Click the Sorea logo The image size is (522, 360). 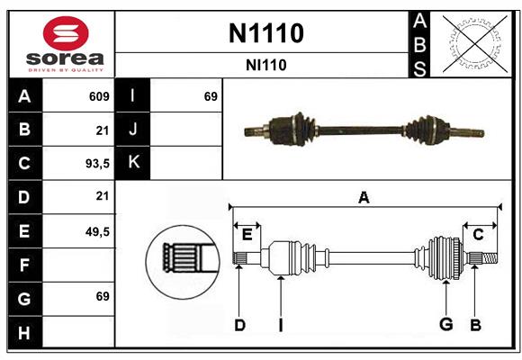click(x=63, y=45)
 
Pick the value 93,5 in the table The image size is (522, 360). click(x=96, y=164)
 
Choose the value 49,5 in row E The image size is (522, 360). click(x=96, y=231)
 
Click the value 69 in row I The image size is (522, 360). click(x=211, y=96)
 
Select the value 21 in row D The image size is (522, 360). click(x=102, y=196)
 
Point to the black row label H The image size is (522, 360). click(x=24, y=332)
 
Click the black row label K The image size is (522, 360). click(x=133, y=163)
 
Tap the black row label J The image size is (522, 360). click(x=133, y=130)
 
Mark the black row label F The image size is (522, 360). click(x=24, y=265)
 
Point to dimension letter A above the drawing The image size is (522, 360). click(x=364, y=197)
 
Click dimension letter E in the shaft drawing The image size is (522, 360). click(x=247, y=235)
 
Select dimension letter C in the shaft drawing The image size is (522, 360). click(x=479, y=234)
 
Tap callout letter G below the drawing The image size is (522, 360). click(x=445, y=325)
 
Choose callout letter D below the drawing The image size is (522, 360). click(x=239, y=325)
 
